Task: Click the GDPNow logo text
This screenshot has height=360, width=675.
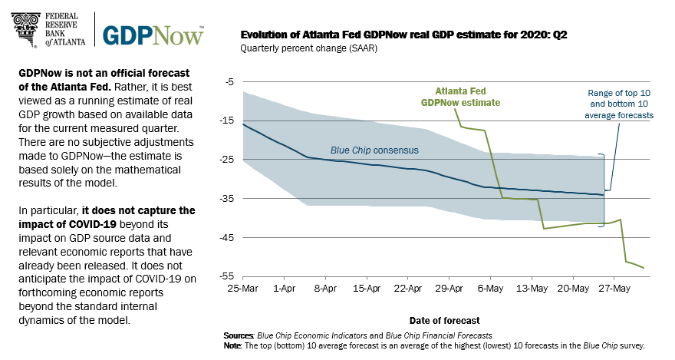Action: tap(153, 35)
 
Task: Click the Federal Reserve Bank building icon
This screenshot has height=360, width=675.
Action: tap(25, 28)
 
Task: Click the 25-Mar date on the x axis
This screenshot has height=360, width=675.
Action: tap(243, 289)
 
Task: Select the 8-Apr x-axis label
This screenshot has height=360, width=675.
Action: tap(326, 289)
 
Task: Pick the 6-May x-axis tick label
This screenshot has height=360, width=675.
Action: tap(492, 289)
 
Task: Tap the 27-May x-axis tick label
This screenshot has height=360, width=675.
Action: tap(616, 289)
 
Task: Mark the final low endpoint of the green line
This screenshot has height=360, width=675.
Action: tap(644, 268)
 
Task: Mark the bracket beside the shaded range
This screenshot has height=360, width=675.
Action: tap(605, 173)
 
